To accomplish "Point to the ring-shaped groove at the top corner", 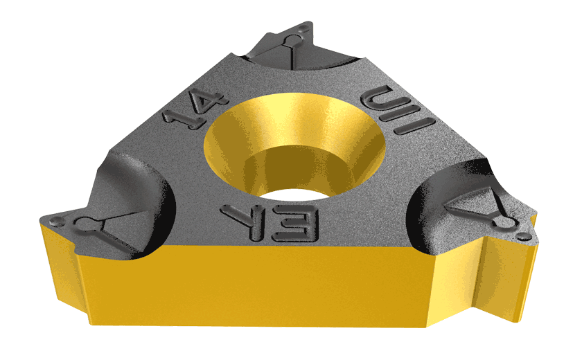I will (x=287, y=42).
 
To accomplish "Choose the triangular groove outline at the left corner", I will (x=111, y=232).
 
